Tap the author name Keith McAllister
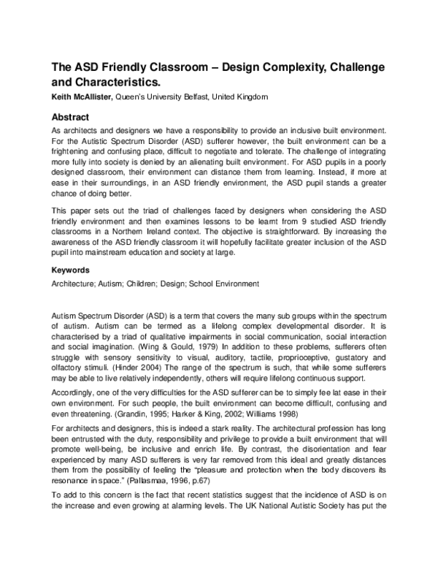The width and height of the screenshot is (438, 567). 81,97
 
